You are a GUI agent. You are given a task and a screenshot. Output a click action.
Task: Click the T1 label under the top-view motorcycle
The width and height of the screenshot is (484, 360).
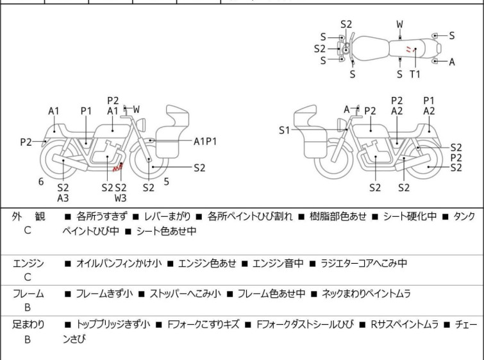[x=415, y=74]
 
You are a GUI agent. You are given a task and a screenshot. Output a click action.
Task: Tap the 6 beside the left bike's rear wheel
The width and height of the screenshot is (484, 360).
[x=41, y=182]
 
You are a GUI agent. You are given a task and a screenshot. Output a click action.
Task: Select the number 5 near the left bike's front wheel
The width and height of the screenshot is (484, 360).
[x=166, y=182]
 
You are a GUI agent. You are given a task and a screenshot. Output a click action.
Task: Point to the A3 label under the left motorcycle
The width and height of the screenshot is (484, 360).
[x=63, y=198]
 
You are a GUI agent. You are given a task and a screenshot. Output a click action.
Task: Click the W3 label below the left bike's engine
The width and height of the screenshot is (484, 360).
[x=121, y=198]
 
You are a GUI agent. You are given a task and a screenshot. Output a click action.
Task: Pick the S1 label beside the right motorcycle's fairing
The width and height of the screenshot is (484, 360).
[x=285, y=130]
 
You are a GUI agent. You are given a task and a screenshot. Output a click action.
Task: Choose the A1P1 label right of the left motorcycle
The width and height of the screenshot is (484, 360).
[x=205, y=141]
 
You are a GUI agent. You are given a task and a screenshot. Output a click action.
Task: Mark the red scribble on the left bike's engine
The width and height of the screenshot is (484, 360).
[x=117, y=168]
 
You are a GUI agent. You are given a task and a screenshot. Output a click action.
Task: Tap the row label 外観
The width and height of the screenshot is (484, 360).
[x=28, y=217]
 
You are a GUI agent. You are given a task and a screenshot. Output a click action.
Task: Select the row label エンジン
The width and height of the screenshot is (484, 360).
[x=28, y=263]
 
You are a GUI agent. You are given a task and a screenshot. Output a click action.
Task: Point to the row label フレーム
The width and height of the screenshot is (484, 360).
[x=28, y=294]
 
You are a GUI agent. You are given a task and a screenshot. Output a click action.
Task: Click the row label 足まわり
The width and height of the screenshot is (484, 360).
[x=28, y=325]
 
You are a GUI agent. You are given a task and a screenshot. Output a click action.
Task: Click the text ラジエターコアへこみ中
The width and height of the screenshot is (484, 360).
[x=363, y=263]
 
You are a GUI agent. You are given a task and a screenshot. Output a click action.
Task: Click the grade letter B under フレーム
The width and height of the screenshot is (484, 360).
[x=28, y=308]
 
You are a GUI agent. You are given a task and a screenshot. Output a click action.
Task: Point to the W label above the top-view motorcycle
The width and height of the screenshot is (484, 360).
[x=399, y=24]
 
